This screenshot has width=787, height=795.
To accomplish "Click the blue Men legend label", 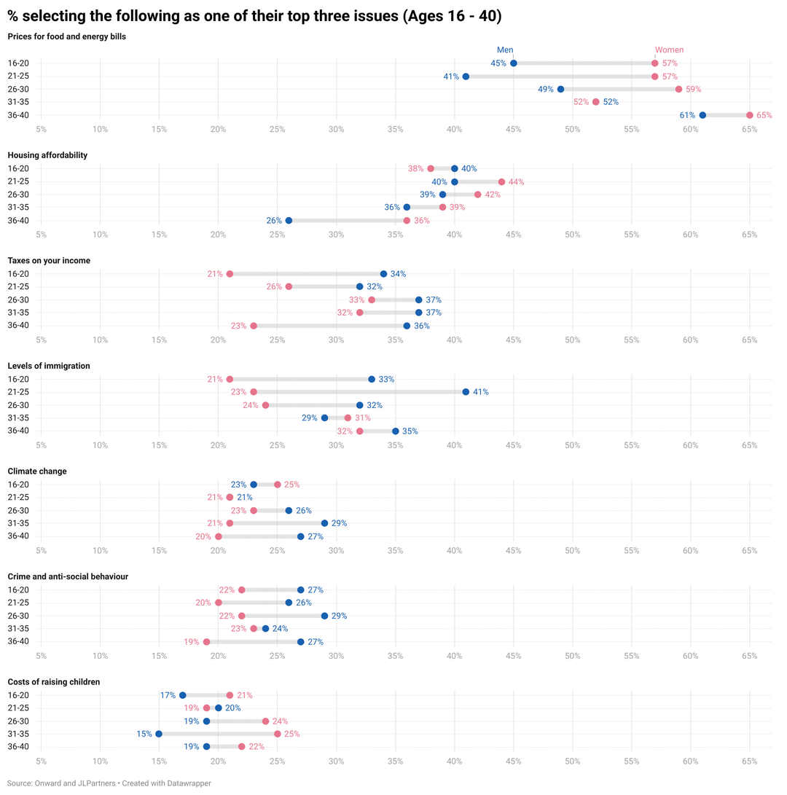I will point(505,50).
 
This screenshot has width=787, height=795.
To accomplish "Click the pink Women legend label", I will point(669,50).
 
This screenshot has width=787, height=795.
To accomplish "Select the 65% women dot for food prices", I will point(750,115).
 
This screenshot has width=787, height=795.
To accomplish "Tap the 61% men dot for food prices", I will point(702,115).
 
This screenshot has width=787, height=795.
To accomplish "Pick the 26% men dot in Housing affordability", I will point(289,221).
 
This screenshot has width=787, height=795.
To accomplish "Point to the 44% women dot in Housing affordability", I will point(501,181).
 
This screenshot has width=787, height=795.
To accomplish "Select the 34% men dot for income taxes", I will point(384,274).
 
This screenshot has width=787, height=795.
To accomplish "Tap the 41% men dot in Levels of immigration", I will point(466,392).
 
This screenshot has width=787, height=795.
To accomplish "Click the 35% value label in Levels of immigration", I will point(410,431).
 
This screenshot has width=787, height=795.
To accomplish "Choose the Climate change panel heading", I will point(37,471).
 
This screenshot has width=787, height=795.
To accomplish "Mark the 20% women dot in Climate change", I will point(219,536).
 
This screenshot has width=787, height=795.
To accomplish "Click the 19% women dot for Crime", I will point(207,642).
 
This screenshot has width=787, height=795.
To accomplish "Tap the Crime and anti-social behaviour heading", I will point(68,576).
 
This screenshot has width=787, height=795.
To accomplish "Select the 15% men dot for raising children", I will point(159,734).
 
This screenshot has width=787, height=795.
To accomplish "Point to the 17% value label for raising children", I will point(168,695).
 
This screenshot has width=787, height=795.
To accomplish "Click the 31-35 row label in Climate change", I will point(18,523).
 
